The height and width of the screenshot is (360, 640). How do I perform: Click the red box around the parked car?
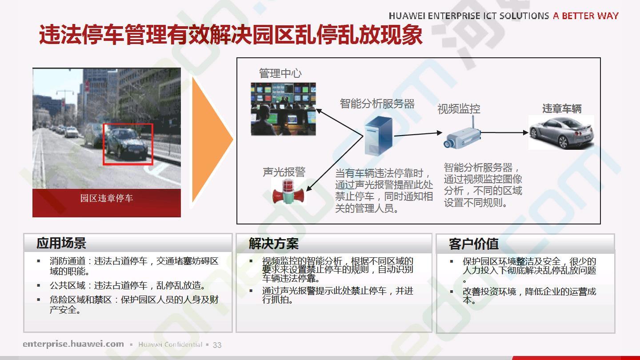click(104, 144)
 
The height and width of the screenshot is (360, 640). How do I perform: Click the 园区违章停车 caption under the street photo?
click(106, 198)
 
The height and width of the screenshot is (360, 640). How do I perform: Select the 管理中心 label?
click(280, 73)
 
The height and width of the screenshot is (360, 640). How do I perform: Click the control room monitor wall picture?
click(283, 109)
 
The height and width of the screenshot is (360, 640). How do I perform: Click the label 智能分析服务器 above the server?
click(377, 104)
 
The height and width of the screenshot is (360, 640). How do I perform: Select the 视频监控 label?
click(459, 109)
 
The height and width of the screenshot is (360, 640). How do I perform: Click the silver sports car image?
click(561, 132)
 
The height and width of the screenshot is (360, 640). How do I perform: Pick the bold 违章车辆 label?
click(562, 108)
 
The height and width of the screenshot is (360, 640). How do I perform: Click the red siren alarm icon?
click(288, 192)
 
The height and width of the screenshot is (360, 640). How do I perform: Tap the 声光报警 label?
click(284, 172)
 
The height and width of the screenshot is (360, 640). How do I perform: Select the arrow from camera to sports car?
click(504, 132)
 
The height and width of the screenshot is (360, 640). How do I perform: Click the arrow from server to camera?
click(418, 134)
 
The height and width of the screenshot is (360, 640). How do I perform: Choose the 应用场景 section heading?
click(61, 243)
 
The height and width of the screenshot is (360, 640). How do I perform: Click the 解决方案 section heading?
click(273, 244)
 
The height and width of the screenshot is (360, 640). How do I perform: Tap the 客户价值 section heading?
click(473, 244)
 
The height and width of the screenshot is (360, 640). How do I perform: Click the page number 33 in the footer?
click(217, 345)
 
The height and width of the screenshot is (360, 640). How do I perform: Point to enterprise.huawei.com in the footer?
click(73, 344)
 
